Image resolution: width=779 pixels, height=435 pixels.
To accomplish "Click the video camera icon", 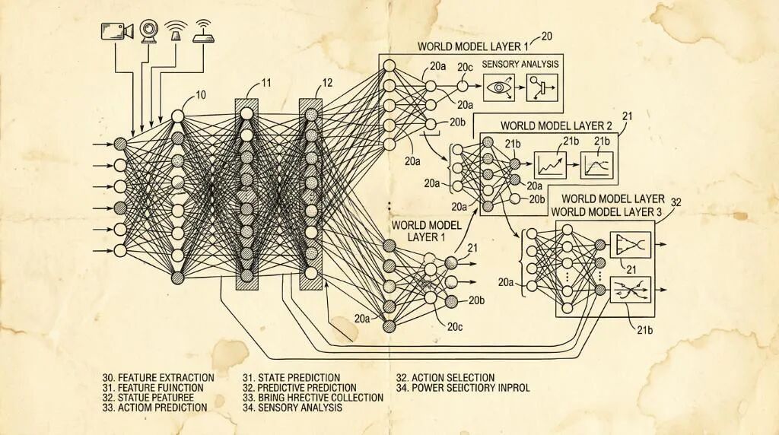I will click(117, 31).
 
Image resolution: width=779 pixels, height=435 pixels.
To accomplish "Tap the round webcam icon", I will click(148, 30).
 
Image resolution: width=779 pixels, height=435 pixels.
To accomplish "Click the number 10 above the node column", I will click(201, 95).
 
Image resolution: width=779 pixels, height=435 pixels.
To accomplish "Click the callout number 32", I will click(676, 202).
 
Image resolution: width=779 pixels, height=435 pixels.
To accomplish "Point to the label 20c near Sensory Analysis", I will click(465, 68).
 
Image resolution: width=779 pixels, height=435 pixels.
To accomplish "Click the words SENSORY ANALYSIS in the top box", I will click(520, 64).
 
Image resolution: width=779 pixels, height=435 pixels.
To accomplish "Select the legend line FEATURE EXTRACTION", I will click(157, 377).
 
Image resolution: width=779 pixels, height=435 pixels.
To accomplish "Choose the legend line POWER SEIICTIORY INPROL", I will click(463, 388).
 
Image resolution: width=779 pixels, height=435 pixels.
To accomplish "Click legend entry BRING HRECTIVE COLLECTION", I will click(313, 398).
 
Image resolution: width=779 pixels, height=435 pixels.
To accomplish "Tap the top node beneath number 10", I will click(177, 116).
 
